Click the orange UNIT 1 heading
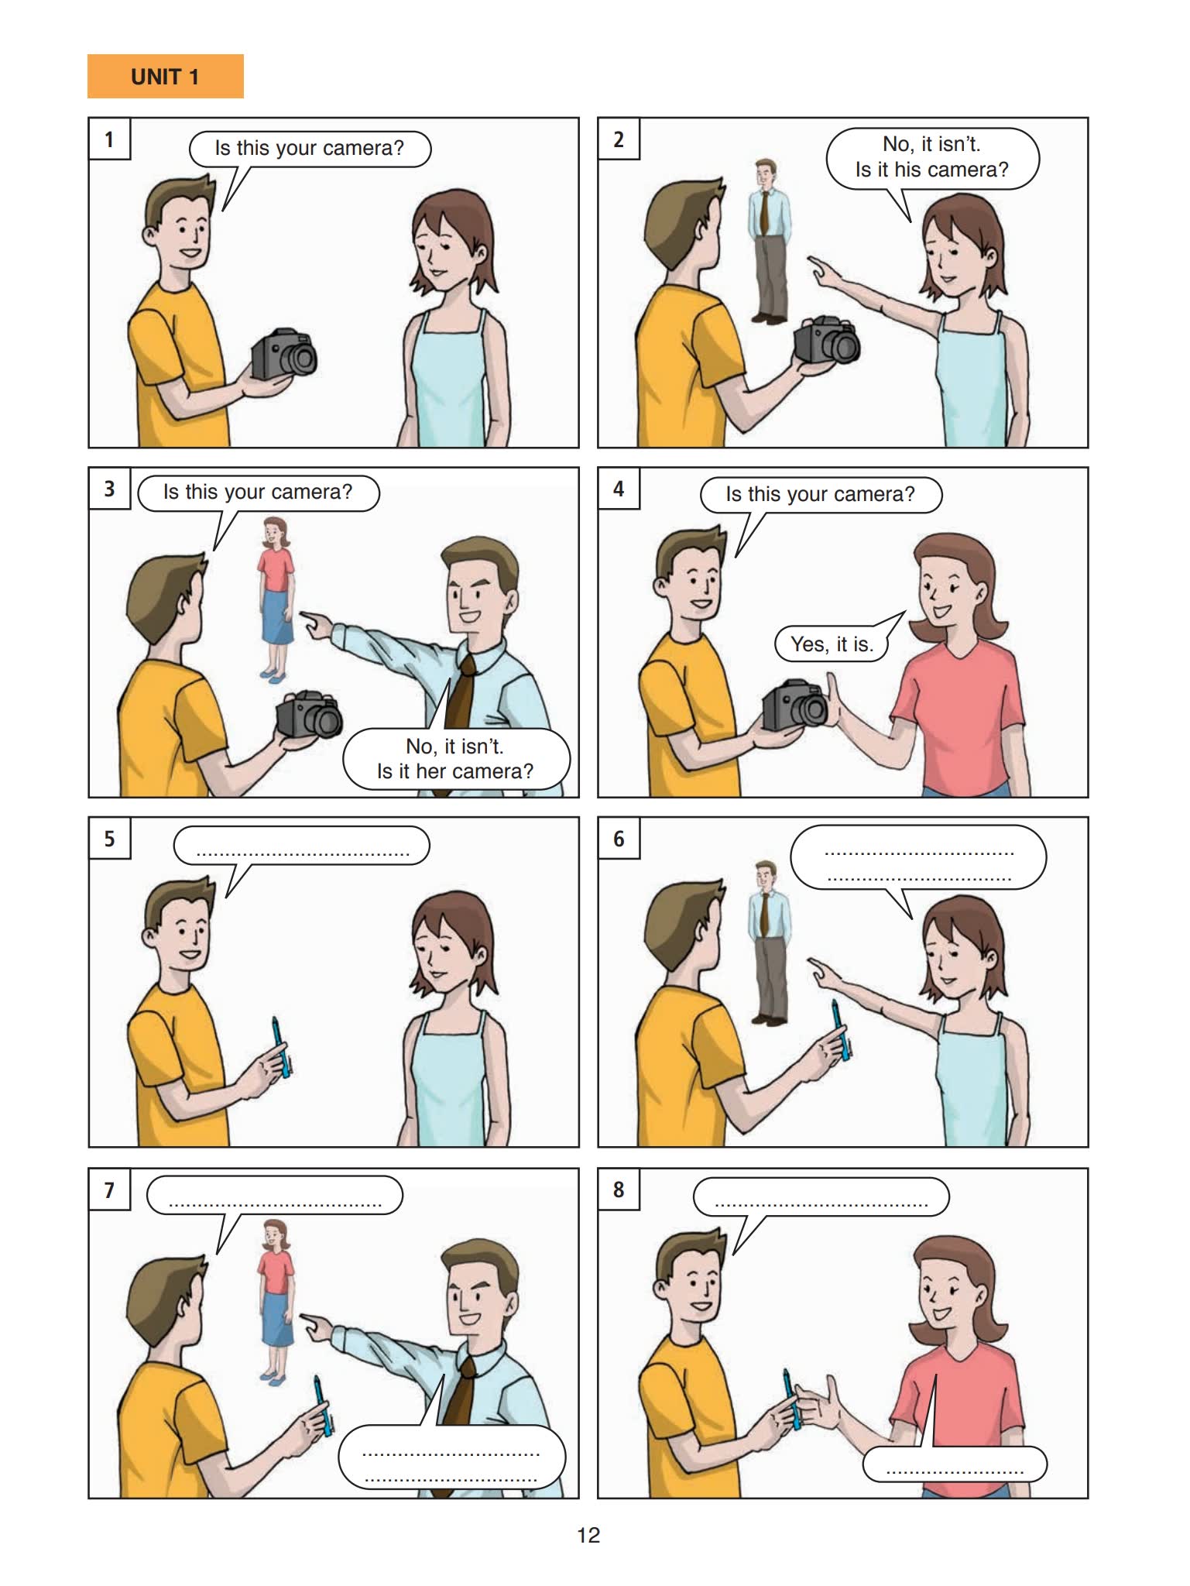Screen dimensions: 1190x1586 point(165,76)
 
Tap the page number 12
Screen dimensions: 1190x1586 point(588,1535)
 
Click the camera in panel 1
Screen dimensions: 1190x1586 point(284,355)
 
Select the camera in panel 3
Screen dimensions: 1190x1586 point(309,715)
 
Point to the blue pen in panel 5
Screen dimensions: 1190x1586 point(282,1048)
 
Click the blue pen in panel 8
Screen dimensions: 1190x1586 point(791,1399)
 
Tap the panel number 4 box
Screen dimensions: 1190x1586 point(619,489)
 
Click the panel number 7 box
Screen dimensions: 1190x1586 point(109,1189)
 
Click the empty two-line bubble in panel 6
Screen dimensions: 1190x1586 point(918,860)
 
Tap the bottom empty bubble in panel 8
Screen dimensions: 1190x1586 point(955,1462)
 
